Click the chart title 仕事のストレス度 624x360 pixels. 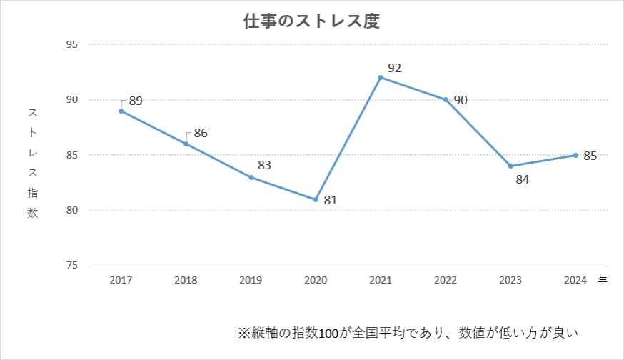[x=311, y=21]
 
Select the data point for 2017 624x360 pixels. [x=121, y=111]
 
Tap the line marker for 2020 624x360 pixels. [x=316, y=199]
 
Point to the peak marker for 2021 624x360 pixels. [x=381, y=77]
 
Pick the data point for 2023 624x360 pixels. [x=510, y=166]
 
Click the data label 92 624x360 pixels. [x=394, y=69]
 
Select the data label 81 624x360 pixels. [x=329, y=201]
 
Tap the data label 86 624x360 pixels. [x=200, y=133]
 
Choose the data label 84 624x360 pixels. [x=522, y=179]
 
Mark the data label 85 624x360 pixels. [x=590, y=156]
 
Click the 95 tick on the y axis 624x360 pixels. [x=72, y=44]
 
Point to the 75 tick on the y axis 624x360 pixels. [x=72, y=266]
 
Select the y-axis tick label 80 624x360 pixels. [x=72, y=211]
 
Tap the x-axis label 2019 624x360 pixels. [x=251, y=281]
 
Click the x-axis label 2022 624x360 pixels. [x=446, y=281]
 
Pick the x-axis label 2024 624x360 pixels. [x=575, y=281]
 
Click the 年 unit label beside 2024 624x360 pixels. [x=602, y=281]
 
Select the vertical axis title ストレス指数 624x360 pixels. [x=33, y=163]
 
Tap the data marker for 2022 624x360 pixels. [x=446, y=99]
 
